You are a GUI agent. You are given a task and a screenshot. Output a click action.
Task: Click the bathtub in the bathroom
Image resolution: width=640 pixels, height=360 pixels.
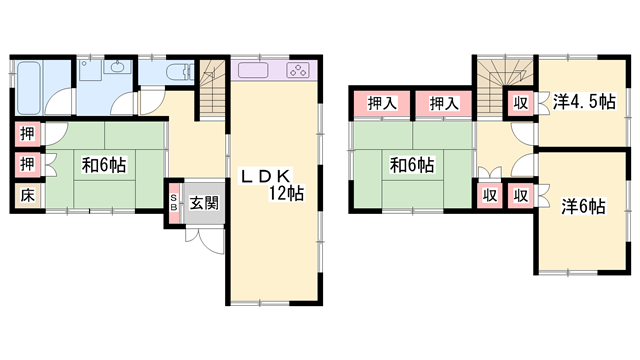pos(29,88)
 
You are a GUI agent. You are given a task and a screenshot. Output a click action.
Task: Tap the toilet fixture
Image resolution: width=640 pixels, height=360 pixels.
pos(179,72)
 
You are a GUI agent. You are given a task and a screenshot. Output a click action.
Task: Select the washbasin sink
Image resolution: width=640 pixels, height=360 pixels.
pos(118,67)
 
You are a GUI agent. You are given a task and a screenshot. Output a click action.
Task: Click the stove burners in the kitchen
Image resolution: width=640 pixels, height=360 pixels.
pos(298,70)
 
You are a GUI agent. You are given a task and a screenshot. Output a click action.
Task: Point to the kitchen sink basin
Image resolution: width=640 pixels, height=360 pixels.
pos(253,70)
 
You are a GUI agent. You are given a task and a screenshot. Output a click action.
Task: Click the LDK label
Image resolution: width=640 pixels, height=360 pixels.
pos(266,176)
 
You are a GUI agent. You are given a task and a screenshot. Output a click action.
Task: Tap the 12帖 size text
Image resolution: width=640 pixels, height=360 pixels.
pos(286,193)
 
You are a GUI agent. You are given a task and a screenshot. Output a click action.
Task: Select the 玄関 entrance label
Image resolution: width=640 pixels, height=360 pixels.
pos(204,202)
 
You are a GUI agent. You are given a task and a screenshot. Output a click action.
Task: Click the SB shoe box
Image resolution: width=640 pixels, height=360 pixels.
pos(174,202)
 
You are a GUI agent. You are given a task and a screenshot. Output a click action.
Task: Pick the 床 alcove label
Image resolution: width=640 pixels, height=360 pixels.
pos(27,196)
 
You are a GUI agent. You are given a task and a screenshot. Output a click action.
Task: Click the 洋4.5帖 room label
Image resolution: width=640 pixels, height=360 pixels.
pos(584,102)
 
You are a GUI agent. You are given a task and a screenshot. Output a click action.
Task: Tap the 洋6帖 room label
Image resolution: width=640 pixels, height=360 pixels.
pos(583,207)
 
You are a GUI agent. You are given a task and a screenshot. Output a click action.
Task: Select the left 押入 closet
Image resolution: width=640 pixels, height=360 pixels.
pos(382,103)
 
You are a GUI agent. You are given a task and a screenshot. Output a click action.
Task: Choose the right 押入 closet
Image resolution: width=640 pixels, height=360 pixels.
pos(444,103)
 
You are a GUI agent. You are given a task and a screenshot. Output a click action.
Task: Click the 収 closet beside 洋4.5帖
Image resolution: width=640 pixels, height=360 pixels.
pos(521,103)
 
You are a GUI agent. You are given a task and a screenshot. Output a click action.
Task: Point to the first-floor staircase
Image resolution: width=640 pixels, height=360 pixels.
pos(212,89)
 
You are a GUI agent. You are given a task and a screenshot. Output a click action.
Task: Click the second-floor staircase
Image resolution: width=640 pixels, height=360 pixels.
pos(505,86)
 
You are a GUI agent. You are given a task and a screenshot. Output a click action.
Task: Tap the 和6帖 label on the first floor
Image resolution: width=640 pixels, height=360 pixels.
pos(104,165)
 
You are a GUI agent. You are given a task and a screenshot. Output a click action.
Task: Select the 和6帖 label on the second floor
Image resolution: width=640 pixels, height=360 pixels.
pos(412,165)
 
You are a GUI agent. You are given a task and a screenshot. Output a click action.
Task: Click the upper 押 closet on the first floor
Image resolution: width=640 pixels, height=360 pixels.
pos(28,133)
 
